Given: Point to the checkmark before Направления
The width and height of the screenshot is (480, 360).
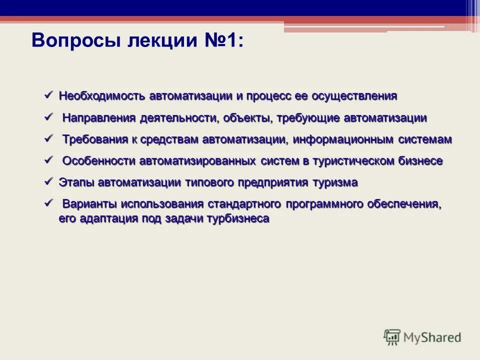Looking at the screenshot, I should point(48,117).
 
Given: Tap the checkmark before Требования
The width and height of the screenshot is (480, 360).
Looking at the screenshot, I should point(48,138).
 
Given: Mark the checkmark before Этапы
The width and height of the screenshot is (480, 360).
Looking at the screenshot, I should point(48,181).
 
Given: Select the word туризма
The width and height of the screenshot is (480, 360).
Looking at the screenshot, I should point(335,182).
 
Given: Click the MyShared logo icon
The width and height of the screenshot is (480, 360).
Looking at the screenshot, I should point(392,337).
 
